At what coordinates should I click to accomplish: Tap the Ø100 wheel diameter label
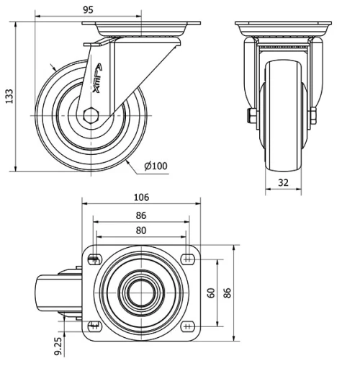(x=156, y=166)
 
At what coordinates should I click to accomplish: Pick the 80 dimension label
(x=140, y=231)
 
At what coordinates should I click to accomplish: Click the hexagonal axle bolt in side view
(x=91, y=115)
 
